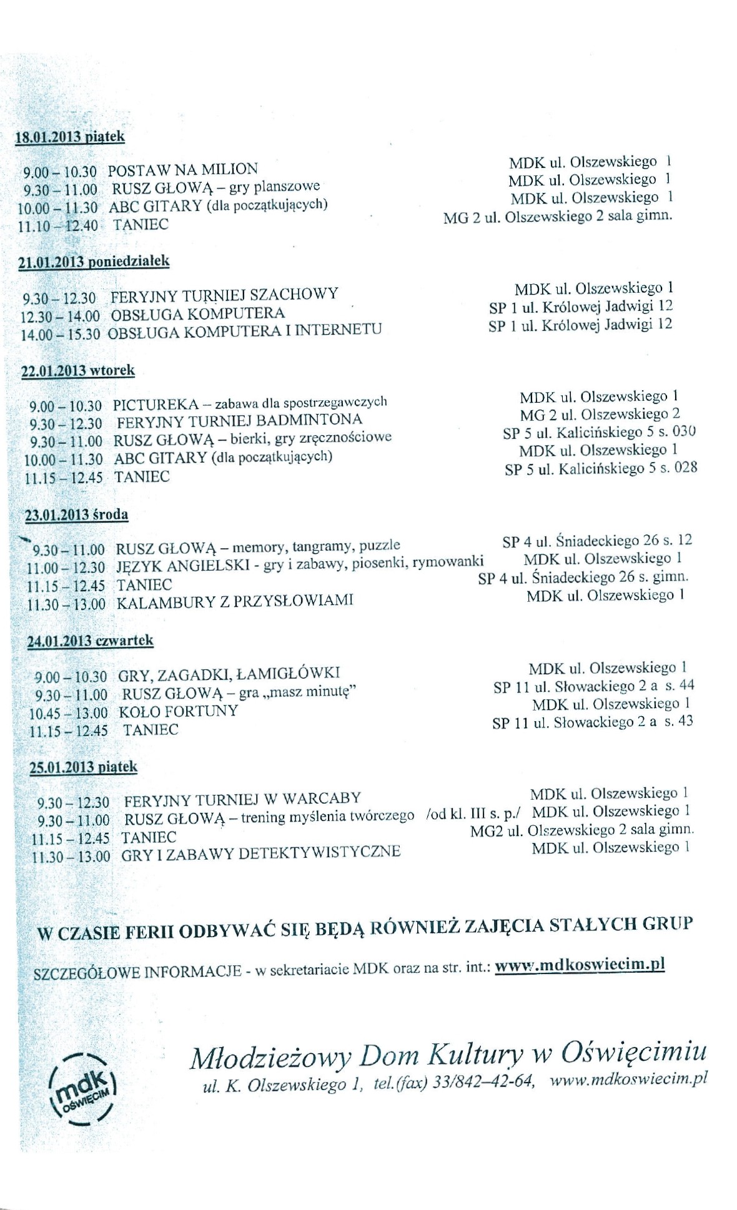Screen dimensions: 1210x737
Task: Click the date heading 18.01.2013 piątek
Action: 70,137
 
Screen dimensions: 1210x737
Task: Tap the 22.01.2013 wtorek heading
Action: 79,371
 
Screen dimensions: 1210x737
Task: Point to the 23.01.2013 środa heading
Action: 77,515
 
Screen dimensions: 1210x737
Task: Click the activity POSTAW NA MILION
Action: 182,169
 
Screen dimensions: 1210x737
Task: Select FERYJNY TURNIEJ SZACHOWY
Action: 224,294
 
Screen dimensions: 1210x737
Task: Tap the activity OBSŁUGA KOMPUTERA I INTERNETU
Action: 244,331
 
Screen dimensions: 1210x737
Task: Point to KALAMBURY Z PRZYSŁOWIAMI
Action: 235,601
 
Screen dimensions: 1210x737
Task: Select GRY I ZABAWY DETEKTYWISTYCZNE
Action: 261,852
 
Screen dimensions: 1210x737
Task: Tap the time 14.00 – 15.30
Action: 61,334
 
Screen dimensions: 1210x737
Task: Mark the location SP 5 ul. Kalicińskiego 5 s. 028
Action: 601,468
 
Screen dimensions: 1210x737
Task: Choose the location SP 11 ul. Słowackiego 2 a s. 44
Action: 593,687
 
